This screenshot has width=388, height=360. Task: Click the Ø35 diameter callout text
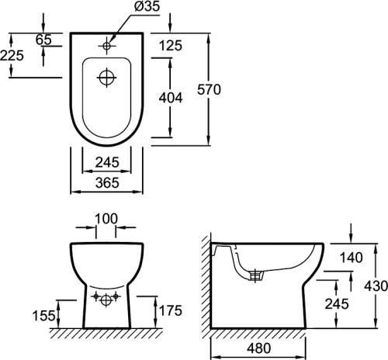tap(147, 6)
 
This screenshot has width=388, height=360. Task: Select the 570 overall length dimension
tap(209, 90)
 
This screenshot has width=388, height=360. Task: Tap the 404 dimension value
tap(171, 98)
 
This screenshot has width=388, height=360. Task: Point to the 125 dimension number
tap(171, 46)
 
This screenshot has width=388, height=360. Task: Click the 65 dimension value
tap(43, 40)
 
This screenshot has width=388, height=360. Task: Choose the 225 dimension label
tap(12, 55)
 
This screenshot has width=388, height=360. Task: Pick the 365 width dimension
tap(107, 182)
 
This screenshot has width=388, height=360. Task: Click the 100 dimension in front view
tap(106, 219)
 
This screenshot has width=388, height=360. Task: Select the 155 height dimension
tap(43, 316)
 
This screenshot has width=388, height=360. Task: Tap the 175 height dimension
tap(171, 310)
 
